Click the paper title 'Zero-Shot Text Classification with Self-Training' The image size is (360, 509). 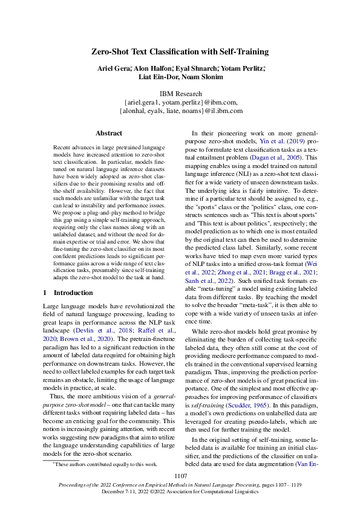click(x=180, y=52)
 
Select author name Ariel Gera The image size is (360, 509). click(x=114, y=69)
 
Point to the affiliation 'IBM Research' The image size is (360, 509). click(x=180, y=94)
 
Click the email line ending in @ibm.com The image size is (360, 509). click(x=180, y=102)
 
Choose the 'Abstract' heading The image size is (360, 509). click(x=110, y=132)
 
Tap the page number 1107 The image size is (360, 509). click(x=180, y=476)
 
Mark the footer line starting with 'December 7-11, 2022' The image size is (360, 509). click(x=180, y=491)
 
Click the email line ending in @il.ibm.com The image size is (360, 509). click(x=180, y=111)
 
